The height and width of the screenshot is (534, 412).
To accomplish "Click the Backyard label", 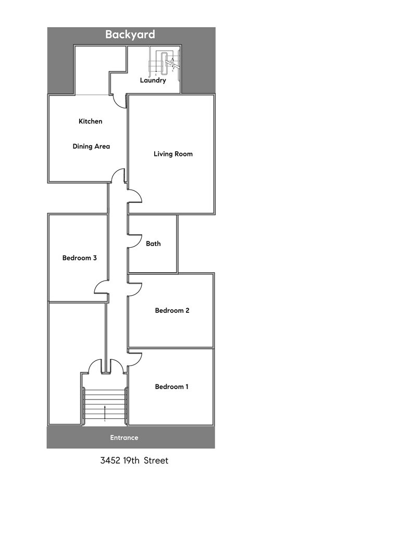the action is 130,34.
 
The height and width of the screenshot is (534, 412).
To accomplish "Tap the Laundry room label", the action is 153,80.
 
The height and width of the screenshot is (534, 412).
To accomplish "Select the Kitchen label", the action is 90,121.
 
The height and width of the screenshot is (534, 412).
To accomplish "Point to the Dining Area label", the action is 91,147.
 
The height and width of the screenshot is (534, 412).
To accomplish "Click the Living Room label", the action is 173,154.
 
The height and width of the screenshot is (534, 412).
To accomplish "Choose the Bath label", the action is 153,244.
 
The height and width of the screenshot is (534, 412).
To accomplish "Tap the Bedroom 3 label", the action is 79,258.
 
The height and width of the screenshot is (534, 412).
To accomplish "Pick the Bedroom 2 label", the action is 172,310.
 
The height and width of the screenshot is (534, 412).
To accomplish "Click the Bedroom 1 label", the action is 171,386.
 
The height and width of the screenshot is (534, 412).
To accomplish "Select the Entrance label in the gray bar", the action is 124,438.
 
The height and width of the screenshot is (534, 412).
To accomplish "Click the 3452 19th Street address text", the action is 134,460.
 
